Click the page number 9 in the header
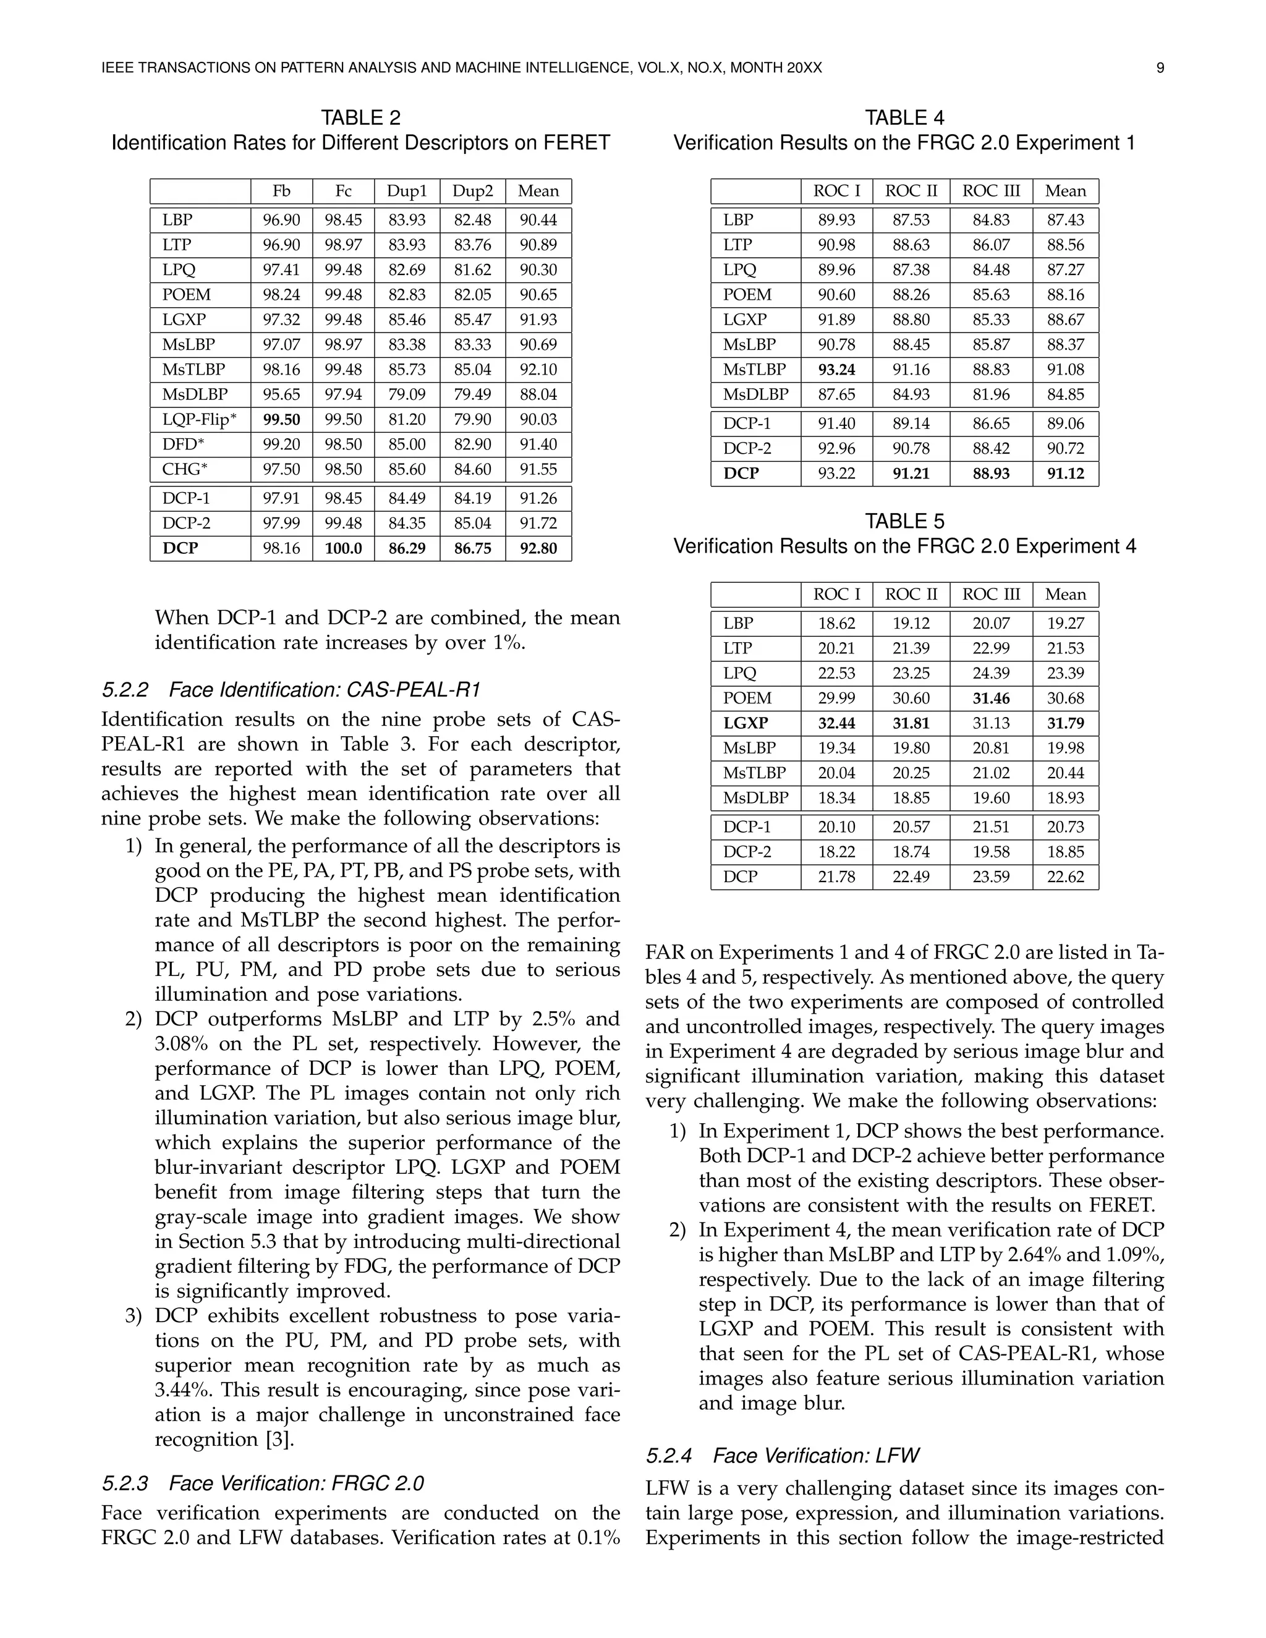click(1160, 68)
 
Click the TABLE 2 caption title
click(361, 117)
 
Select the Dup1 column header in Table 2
click(407, 191)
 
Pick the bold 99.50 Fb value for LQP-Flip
click(281, 419)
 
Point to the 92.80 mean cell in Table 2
click(538, 548)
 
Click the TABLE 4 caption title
click(904, 117)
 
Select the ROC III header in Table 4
click(991, 191)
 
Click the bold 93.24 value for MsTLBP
click(836, 370)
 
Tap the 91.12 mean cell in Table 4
click(1065, 474)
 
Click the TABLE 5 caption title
click(904, 521)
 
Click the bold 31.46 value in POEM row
click(991, 698)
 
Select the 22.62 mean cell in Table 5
click(1065, 876)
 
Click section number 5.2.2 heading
click(124, 689)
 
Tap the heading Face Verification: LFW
click(815, 1456)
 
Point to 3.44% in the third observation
click(180, 1390)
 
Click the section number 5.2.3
click(124, 1483)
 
